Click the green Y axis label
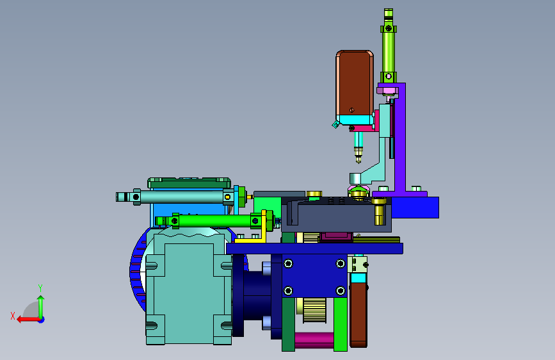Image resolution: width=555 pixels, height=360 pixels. (x=40, y=288)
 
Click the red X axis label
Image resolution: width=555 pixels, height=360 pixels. (x=13, y=316)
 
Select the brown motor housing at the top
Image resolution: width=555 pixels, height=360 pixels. (x=354, y=83)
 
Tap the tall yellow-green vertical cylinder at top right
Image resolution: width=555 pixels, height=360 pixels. (x=389, y=46)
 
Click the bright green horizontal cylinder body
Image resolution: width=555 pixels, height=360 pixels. (x=215, y=221)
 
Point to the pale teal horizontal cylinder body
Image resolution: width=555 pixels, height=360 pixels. (x=182, y=197)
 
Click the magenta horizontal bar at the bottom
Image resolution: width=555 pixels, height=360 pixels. (x=314, y=340)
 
